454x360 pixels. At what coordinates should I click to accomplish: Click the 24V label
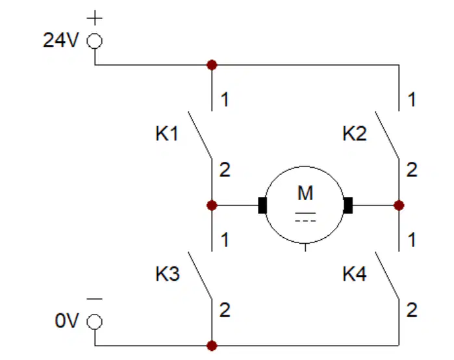click(61, 40)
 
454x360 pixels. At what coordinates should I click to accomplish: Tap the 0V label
click(67, 321)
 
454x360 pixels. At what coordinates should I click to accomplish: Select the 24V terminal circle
click(95, 41)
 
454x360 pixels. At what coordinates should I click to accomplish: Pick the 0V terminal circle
click(95, 322)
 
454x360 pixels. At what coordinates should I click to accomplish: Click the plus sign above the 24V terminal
click(95, 18)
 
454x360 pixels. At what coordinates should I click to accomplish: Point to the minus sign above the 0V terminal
click(95, 299)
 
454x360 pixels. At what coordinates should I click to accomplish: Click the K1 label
click(167, 133)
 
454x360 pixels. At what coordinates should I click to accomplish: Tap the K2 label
click(355, 133)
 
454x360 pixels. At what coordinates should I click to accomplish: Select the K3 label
click(168, 274)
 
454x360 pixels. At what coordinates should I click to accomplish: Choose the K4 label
click(355, 274)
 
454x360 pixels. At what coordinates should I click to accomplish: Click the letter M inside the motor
click(305, 193)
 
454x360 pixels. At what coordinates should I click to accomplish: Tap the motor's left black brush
click(262, 205)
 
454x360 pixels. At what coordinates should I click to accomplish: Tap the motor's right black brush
click(347, 205)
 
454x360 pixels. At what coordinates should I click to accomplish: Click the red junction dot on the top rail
click(212, 65)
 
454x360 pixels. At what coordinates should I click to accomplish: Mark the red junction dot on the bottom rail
click(212, 346)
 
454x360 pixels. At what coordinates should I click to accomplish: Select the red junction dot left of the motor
click(212, 205)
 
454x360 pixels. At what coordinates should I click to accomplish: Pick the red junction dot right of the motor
click(399, 205)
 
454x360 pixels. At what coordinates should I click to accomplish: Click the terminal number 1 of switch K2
click(412, 99)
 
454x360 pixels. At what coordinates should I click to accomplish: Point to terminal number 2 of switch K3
click(225, 310)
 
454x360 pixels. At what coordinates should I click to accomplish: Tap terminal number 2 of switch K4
click(412, 310)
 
